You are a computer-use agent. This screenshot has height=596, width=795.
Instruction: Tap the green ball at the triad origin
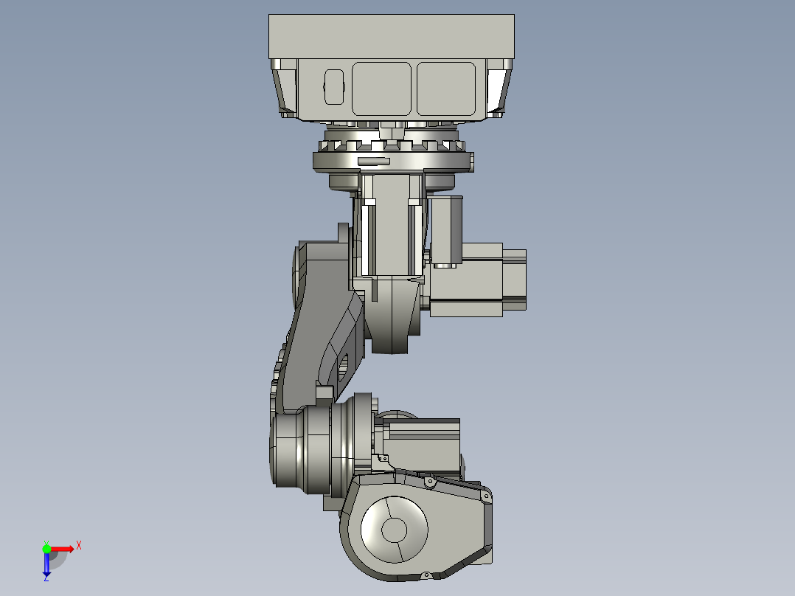point(46,548)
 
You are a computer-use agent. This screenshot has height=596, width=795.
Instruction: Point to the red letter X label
point(79,545)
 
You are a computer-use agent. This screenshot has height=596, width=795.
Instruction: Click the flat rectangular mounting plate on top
point(391,36)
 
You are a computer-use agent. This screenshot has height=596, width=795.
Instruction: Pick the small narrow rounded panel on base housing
point(334,86)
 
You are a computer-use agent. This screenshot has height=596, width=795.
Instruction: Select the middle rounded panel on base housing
point(381,88)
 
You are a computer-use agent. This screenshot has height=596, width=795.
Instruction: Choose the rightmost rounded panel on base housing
point(446,88)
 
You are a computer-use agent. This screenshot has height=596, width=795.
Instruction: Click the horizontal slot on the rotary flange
point(373,161)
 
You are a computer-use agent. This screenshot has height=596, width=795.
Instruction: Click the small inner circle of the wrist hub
point(394,529)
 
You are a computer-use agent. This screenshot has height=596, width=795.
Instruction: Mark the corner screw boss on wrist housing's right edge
point(486,499)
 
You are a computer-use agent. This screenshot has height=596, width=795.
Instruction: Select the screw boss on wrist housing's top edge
point(428,482)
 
